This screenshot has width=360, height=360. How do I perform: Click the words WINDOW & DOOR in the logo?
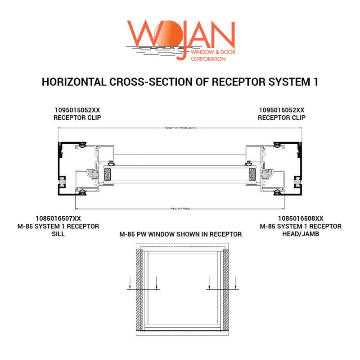tap(212, 52)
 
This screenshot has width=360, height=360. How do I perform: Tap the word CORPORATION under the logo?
tap(208, 59)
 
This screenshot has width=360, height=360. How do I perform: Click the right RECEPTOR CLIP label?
tap(282, 118)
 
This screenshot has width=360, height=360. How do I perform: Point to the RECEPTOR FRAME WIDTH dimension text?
tap(180, 128)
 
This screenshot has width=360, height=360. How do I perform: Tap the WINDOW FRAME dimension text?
tap(180, 209)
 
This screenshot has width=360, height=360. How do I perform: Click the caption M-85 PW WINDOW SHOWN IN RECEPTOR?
tap(180, 234)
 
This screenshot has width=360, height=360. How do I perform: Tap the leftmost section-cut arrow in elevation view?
tap(130, 283)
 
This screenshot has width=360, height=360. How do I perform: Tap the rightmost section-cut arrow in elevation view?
tap(236, 283)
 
